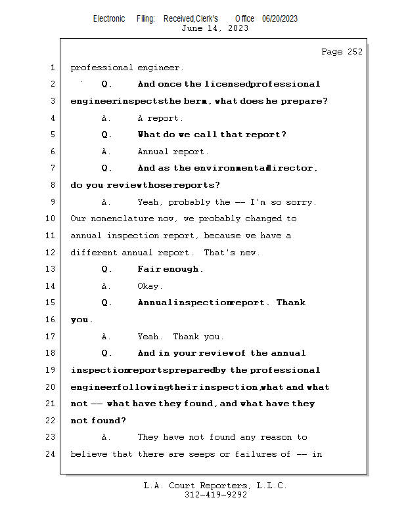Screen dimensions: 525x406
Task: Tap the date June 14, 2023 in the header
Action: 214,28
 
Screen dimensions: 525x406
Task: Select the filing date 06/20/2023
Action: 280,18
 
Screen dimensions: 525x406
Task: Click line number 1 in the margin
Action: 52,68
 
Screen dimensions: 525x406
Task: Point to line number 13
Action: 50,269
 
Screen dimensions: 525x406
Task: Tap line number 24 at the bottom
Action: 50,454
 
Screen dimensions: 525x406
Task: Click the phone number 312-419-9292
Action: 215,495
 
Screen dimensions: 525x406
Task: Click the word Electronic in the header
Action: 109,18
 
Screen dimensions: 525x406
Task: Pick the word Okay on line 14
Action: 150,286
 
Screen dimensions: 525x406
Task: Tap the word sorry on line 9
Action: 302,202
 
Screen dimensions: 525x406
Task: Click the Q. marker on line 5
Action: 106,135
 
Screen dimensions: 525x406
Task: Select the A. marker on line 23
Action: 106,437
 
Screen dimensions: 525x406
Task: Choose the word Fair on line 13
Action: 148,269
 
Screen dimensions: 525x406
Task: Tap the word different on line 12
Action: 94,253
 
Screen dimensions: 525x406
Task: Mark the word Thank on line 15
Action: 291,303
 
